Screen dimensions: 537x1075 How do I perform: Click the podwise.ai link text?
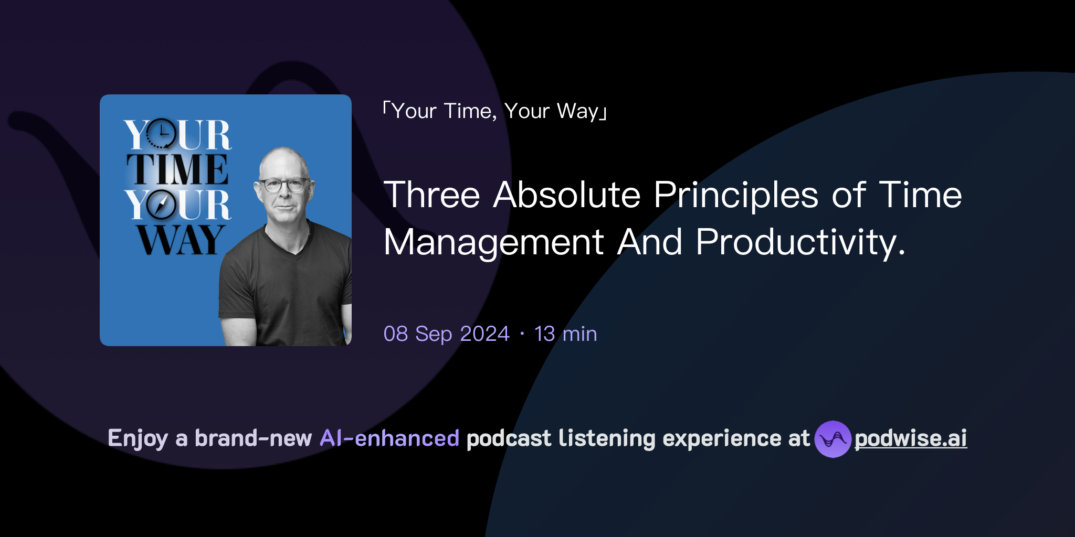[x=910, y=438]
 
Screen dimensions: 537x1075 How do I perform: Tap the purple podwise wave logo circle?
[x=832, y=439]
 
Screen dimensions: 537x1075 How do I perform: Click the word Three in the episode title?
[x=431, y=195]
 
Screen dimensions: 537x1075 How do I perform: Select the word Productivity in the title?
[x=800, y=242]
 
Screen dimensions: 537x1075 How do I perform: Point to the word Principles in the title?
[x=736, y=195]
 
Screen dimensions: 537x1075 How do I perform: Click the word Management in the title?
[x=493, y=242]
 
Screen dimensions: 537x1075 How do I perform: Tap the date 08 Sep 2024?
[x=446, y=334]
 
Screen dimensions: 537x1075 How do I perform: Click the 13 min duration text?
[x=565, y=334]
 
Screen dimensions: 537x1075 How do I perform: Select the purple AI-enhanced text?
[x=389, y=438]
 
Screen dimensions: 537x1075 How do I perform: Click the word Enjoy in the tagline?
[x=138, y=438]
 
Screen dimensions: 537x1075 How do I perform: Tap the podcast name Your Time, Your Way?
[x=494, y=111]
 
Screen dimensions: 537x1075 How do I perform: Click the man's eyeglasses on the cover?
[x=284, y=185]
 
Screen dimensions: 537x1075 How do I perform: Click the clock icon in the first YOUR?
[x=160, y=134]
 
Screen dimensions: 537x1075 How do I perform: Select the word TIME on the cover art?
[x=177, y=169]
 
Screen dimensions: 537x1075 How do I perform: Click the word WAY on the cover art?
[x=181, y=240]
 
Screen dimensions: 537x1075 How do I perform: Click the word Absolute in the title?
[x=567, y=195]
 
